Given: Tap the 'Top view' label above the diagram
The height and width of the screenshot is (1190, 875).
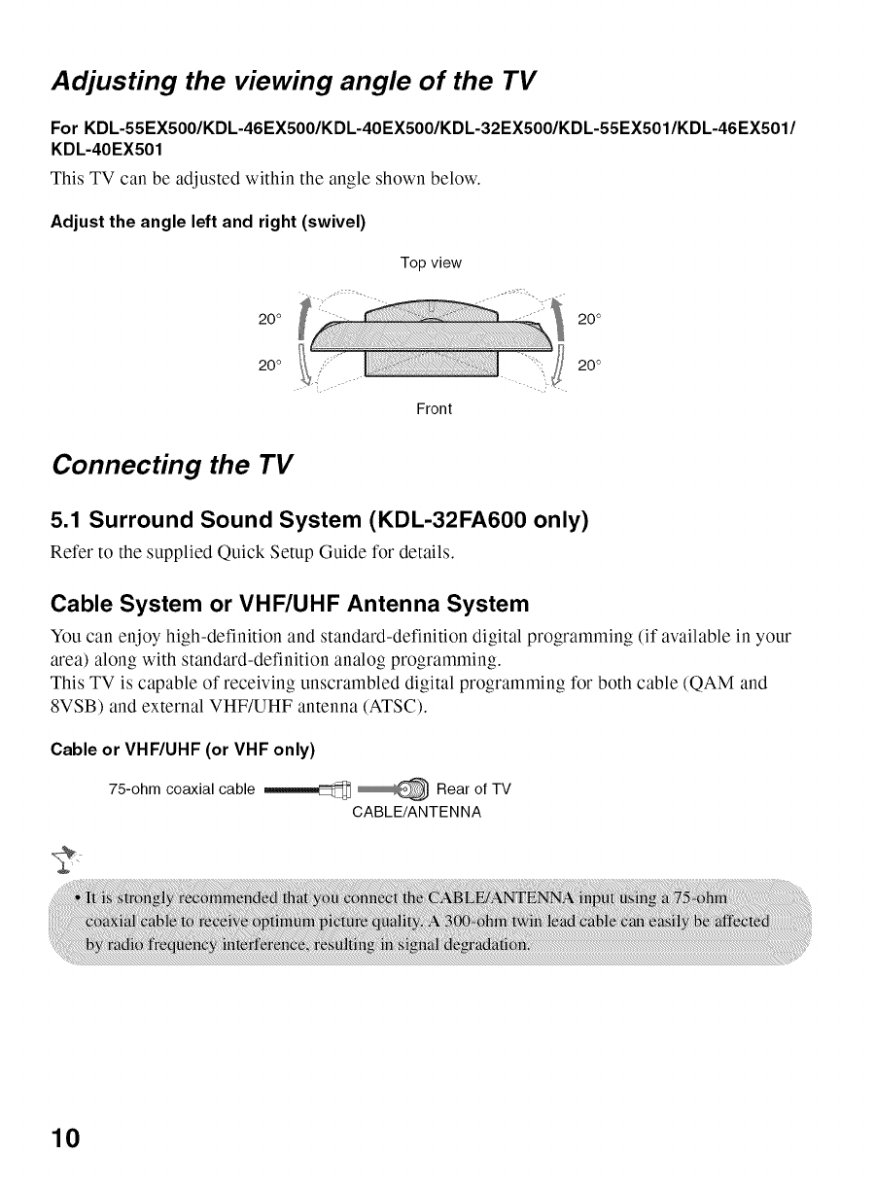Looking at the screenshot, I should coord(431,262).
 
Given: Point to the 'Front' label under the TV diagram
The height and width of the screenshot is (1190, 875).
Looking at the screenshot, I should coord(434,408).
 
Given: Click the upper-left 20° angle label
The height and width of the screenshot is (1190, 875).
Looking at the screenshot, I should coord(269,319).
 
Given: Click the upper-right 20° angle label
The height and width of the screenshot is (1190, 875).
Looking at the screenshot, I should coord(589,319).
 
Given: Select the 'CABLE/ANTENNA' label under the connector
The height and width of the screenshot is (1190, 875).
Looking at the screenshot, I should coord(416,810).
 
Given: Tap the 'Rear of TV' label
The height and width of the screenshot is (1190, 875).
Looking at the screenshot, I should coord(473,788).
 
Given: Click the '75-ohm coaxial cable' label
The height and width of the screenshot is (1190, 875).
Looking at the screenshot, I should coord(183,788).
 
